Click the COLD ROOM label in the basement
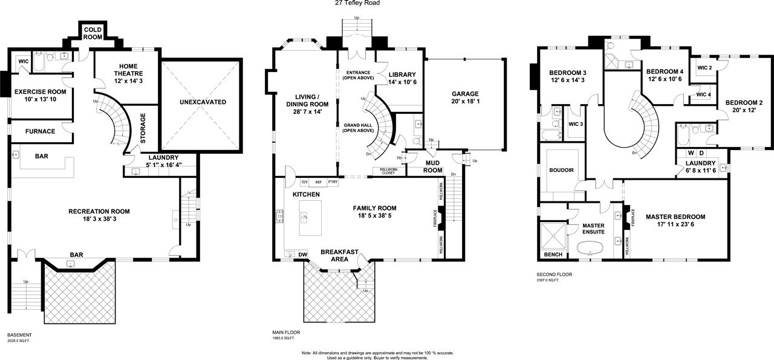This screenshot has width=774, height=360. pos(93,33)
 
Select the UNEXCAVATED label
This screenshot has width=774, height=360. pos(203,102)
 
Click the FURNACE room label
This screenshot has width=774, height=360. pos(40,131)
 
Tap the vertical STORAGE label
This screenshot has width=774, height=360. pos(143,128)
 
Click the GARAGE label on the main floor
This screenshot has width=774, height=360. pos(465,94)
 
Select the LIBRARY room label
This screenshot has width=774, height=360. pos(402,74)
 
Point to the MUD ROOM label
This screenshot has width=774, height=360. pos(432,166)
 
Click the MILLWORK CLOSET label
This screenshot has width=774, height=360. pos(389,171)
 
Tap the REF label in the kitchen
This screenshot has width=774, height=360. pos(319,182)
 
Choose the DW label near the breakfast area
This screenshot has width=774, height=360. pos(303,255)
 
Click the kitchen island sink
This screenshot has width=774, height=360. pos(304,218)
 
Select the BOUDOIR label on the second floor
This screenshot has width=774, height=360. pos(562,170)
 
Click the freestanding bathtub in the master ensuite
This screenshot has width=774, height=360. pos(590,248)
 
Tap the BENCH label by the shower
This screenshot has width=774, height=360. pos(553,255)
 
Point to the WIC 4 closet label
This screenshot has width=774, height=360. pos(704,94)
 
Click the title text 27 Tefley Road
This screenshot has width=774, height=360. pos(357,3)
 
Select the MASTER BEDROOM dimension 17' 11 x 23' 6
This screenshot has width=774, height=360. pos(675,224)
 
